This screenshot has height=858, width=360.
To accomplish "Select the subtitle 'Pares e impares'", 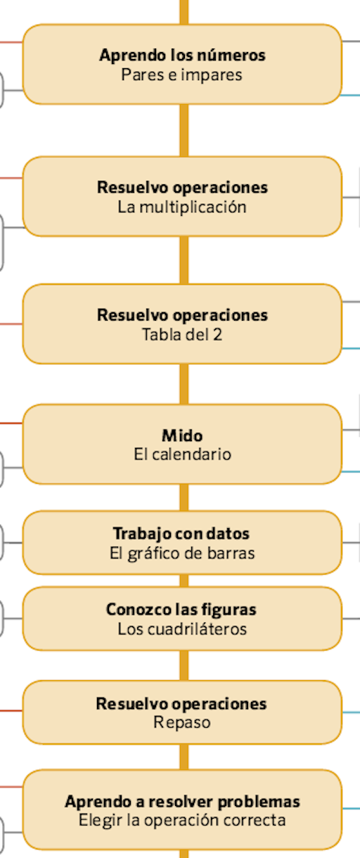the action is (x=181, y=75).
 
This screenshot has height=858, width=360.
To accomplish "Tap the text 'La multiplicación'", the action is (x=182, y=207).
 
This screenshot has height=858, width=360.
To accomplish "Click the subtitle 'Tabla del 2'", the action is (x=182, y=335).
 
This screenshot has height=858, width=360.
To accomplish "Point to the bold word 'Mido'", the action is (x=182, y=435).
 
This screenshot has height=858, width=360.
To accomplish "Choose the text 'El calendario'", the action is (x=182, y=454).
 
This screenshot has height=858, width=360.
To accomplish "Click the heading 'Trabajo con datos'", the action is (x=181, y=534).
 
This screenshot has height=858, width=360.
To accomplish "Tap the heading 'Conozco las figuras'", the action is (x=181, y=610).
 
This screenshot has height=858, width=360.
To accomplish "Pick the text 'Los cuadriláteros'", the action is (x=182, y=629).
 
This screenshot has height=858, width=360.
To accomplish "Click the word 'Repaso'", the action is (x=182, y=723).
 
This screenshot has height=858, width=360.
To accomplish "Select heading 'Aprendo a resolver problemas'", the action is (x=182, y=802).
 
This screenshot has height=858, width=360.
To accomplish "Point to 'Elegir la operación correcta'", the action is (x=182, y=821).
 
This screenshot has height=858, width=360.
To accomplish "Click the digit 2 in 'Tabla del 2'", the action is (x=217, y=335).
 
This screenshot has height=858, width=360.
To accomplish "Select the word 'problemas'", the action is (x=259, y=802).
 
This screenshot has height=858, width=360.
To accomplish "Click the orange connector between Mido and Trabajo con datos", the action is (x=184, y=497).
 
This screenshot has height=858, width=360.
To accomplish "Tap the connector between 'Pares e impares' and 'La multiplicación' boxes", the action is (x=184, y=130).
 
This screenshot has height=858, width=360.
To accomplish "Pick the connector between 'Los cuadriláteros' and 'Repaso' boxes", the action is (x=184, y=665).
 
